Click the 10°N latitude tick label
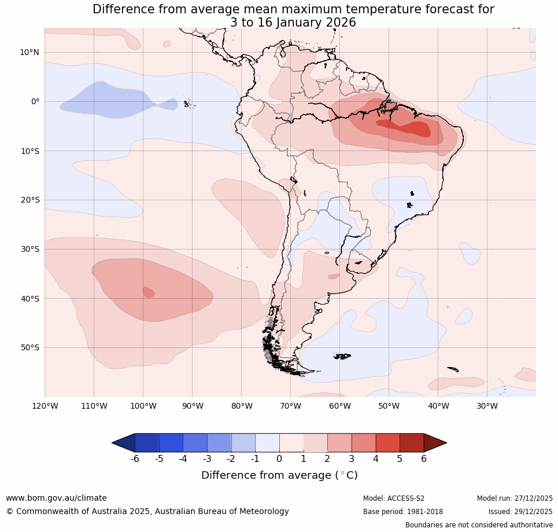coord(29,52)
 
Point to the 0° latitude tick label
coord(35,101)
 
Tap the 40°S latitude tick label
coord(29,299)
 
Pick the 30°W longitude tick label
coord(487,406)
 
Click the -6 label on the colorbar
coord(135,459)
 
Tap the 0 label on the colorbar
coord(279,459)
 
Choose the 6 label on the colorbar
coord(424,459)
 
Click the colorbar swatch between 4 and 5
coord(387,443)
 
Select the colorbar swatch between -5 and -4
coord(171,443)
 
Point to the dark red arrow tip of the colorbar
coord(436,443)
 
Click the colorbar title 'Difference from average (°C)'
coord(279,475)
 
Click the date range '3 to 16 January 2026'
coord(293,23)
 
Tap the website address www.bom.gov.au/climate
coord(56,498)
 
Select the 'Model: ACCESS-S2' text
coord(394,498)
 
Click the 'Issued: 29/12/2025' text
coord(520,512)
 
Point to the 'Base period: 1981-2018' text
coord(403,512)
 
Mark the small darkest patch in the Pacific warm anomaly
coord(149,292)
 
